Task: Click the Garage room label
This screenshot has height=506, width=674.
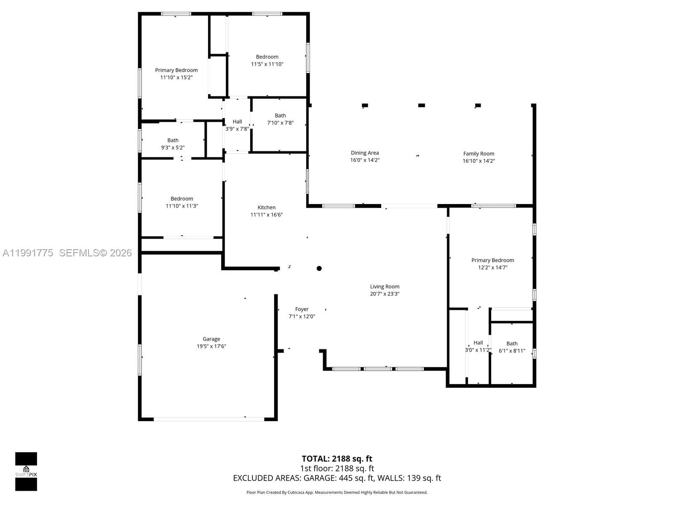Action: pos(211,339)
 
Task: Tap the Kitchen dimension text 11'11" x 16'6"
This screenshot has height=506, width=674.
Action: pos(266,215)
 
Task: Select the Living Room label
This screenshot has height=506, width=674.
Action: pos(385,287)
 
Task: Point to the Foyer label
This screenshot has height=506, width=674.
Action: pos(302,309)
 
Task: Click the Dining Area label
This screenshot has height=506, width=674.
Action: pos(364,153)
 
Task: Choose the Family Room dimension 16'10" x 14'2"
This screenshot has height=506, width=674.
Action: pos(479,161)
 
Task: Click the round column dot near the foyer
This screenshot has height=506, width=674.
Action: pos(319,268)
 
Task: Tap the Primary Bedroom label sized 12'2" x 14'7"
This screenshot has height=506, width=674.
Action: pos(492,260)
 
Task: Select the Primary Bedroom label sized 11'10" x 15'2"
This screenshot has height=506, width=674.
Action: pos(176,70)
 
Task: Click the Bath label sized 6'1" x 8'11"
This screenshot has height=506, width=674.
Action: pos(512,344)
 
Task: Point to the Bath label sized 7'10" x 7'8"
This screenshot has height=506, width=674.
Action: pos(280,116)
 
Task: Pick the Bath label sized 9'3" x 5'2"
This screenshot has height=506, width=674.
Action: pos(173,140)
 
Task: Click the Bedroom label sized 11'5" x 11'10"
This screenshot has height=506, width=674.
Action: pos(267,57)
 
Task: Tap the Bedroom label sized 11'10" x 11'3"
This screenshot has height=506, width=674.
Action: pos(182,199)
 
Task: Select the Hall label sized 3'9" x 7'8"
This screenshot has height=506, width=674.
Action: pos(237,121)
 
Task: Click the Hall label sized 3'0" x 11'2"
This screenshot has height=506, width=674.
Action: pos(478,343)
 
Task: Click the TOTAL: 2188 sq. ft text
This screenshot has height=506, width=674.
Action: pos(337,459)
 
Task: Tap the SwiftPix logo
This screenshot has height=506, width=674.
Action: pos(26,471)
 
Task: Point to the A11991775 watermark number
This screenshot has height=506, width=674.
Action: pos(28,253)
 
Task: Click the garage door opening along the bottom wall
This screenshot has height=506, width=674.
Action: pos(209,419)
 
